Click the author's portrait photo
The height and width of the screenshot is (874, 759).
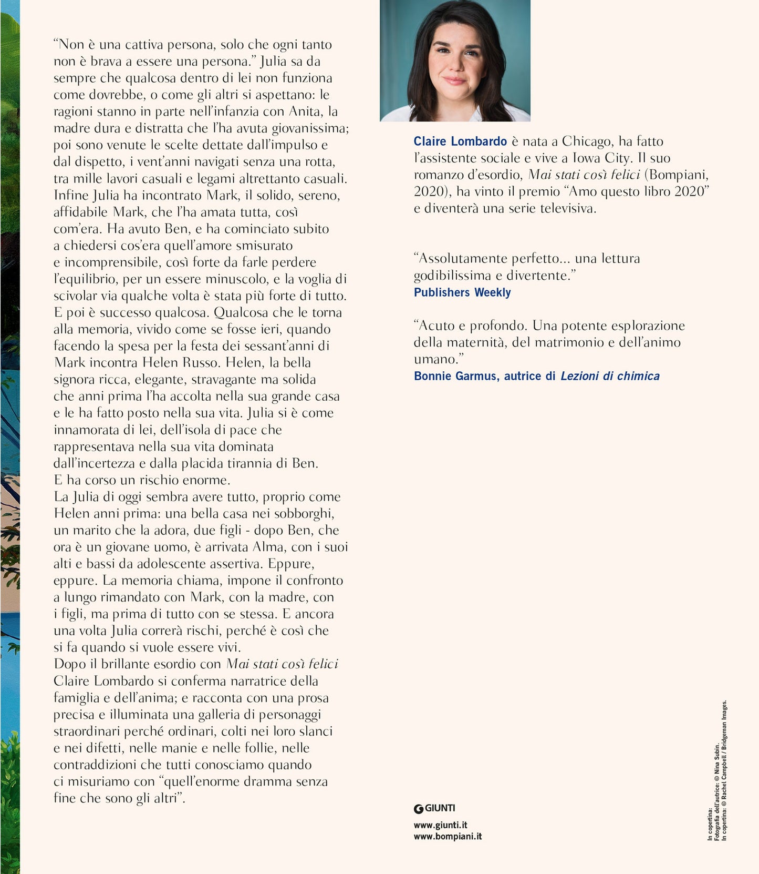[x=455, y=60]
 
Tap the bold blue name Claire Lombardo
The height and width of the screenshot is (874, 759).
[x=460, y=141]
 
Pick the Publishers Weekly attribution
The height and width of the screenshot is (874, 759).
[x=462, y=292]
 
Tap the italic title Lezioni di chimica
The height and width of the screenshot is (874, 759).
[x=610, y=376]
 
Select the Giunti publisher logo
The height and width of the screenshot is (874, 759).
[x=434, y=808]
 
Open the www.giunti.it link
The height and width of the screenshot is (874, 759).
[x=440, y=825]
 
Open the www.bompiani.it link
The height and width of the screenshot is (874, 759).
[x=448, y=836]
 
